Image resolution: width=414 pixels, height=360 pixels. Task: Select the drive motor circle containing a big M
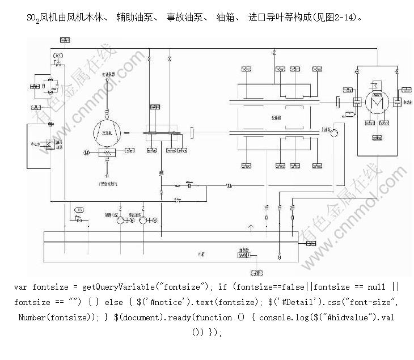375,102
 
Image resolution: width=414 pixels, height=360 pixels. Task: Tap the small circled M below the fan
87,152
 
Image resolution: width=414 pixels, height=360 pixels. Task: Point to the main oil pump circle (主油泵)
335,133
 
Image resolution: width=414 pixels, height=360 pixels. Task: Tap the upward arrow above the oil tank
250,227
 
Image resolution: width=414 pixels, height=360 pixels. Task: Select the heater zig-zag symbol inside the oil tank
244,256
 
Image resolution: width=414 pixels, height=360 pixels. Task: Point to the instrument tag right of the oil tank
310,243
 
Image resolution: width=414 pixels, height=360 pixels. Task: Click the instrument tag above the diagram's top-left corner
64,39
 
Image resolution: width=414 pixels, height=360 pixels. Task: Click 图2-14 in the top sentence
345,18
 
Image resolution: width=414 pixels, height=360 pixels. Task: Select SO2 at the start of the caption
33,18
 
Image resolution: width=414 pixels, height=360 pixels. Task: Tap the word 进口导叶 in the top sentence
264,18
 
